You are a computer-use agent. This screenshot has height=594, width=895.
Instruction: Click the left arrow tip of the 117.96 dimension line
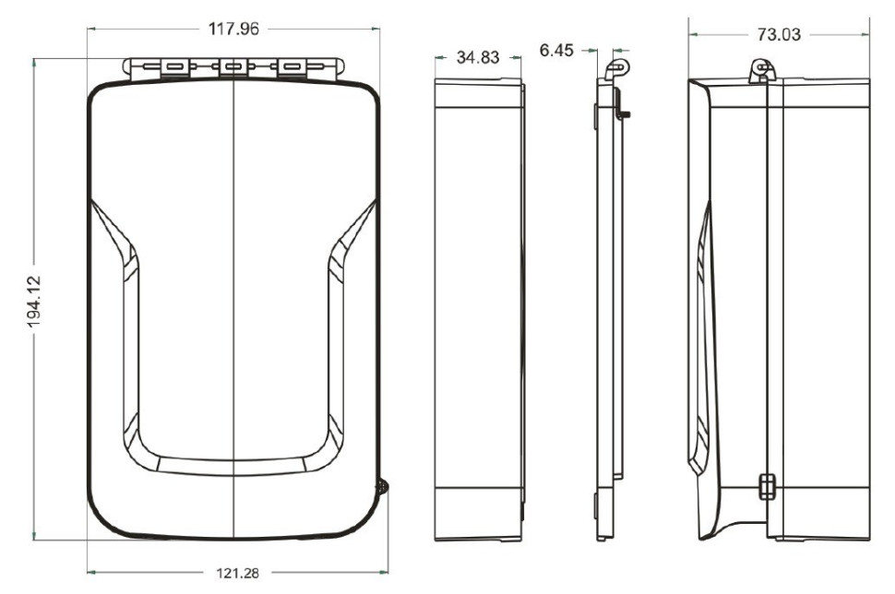tap(88, 28)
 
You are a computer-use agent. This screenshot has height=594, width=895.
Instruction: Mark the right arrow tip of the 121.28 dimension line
tap(388, 571)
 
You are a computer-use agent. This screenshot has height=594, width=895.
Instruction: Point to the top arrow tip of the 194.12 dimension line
tap(35, 59)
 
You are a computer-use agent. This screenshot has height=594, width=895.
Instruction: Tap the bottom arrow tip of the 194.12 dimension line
tap(35, 540)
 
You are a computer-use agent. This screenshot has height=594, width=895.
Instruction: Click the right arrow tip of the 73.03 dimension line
tap(870, 34)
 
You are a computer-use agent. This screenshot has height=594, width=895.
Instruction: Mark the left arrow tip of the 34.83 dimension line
tap(435, 57)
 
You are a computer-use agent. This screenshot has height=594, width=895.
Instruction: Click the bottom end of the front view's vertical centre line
tap(234, 539)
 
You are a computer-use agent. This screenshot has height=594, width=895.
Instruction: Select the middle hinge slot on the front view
tap(233, 66)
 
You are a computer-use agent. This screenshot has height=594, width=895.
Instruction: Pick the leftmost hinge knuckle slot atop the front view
tap(173, 66)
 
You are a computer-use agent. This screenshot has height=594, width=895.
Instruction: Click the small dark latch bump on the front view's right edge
tap(382, 487)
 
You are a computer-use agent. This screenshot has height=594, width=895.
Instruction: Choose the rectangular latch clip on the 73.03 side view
tap(767, 485)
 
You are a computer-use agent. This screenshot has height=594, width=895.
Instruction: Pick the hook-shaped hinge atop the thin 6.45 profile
tap(616, 67)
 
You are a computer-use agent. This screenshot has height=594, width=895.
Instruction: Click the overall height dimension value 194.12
tap(34, 302)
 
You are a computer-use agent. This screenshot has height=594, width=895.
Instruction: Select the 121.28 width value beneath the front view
tap(237, 572)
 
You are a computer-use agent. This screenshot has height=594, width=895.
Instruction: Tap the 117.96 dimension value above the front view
tap(233, 29)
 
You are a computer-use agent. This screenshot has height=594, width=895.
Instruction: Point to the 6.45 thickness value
tap(556, 50)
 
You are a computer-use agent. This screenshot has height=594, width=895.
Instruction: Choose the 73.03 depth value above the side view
tap(779, 35)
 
